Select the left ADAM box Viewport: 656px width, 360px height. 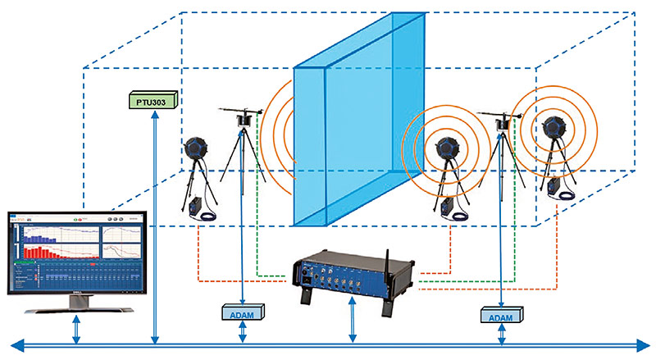click(242, 312)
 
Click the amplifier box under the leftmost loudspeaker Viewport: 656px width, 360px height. click(198, 208)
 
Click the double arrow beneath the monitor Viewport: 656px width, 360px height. click(76, 330)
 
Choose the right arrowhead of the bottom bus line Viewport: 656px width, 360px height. click(645, 346)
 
